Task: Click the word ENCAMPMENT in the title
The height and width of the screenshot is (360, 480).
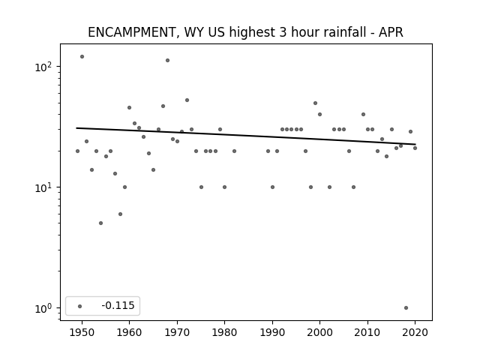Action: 131,32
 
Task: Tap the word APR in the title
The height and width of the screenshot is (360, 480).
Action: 391,32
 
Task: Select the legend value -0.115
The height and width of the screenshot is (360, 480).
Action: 118,305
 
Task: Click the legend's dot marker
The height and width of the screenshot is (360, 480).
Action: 80,306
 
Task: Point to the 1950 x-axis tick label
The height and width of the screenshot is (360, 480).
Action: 82,332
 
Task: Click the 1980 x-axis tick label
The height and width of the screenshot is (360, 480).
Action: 224,332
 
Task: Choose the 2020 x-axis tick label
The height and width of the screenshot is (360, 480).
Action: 415,332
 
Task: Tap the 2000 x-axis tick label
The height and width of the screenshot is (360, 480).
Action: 319,332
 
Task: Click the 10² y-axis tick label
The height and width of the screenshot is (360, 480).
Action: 43,67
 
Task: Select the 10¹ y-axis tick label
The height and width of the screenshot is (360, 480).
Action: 43,187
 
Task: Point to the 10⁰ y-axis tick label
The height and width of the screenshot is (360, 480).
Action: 43,308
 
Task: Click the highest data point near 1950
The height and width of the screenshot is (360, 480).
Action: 82,57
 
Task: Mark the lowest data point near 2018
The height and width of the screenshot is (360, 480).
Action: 406,308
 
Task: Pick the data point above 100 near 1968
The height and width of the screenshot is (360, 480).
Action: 167,60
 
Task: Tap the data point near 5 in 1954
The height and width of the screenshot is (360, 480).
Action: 100,223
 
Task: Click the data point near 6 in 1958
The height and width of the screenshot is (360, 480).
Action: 120,214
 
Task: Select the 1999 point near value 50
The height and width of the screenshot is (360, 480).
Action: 315,103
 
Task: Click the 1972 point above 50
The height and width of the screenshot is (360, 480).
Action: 187,100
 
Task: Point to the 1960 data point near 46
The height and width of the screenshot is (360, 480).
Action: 129,108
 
